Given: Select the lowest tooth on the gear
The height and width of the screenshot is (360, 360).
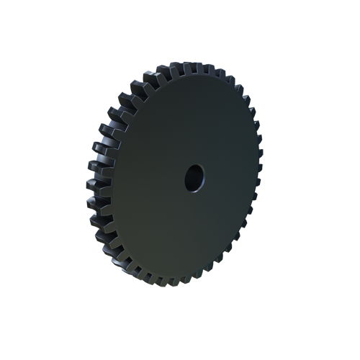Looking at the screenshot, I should click(x=176, y=282).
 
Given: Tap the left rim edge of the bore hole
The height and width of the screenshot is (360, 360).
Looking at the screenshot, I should click(x=186, y=178).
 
